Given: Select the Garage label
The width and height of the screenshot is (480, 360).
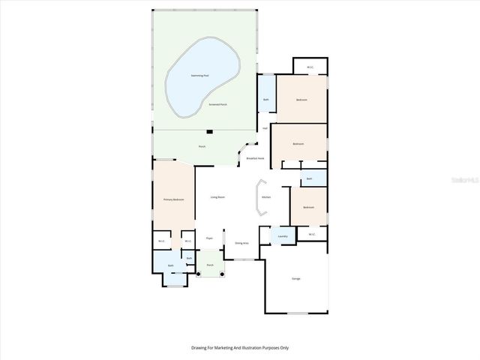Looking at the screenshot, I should pyautogui.click(x=296, y=279).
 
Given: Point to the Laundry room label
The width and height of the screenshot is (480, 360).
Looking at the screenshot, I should pyautogui.click(x=283, y=236).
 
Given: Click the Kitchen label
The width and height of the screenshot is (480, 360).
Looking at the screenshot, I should pyautogui.click(x=266, y=197).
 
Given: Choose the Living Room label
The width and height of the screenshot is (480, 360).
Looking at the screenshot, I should pyautogui.click(x=217, y=197).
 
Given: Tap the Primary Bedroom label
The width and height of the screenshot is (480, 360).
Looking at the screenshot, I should pyautogui.click(x=173, y=199).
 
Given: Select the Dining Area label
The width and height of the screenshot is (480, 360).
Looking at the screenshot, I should pyautogui.click(x=241, y=243).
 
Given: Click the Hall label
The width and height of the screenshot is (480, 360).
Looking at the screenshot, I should pyautogui.click(x=265, y=128).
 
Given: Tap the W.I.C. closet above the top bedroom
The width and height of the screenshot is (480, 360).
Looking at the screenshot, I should pyautogui.click(x=310, y=67).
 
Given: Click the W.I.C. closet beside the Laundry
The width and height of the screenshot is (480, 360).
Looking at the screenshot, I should pyautogui.click(x=312, y=235).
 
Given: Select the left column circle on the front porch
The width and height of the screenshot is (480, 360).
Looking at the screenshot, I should pyautogui.click(x=199, y=273).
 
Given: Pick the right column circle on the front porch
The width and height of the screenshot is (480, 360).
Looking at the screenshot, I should pyautogui.click(x=223, y=273).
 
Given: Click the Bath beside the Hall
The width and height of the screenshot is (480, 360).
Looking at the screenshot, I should pyautogui.click(x=266, y=100).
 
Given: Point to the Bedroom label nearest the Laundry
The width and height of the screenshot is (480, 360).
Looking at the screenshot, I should pyautogui.click(x=308, y=207).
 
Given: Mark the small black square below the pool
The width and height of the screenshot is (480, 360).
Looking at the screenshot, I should pyautogui.click(x=210, y=131).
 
